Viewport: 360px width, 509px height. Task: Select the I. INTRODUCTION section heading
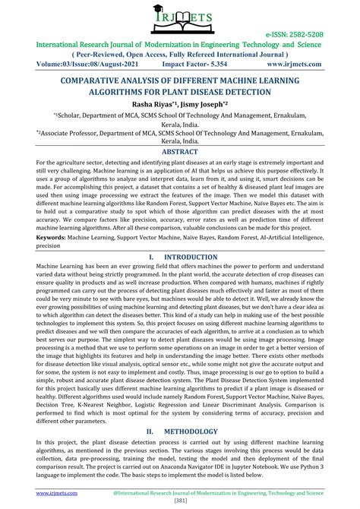[180, 257]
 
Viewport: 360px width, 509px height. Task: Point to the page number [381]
[180, 501]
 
